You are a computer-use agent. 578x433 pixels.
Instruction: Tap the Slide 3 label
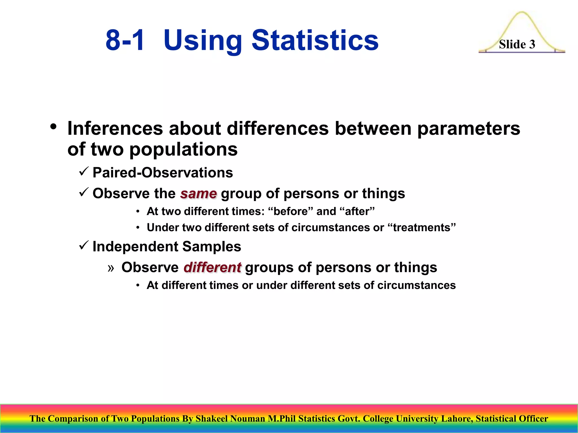coord(517,44)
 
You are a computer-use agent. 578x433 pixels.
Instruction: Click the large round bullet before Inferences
coord(53,127)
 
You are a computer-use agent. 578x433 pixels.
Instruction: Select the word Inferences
coord(115,129)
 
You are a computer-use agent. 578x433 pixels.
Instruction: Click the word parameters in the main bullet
coord(468,129)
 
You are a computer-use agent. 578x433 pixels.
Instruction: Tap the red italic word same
coord(199,194)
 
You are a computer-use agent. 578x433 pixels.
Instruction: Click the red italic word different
coord(212,267)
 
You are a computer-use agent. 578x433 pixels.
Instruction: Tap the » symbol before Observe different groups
coord(111,268)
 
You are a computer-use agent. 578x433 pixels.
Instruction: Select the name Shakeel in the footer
coord(211,419)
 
